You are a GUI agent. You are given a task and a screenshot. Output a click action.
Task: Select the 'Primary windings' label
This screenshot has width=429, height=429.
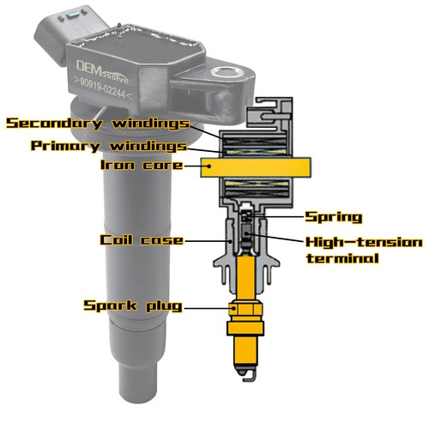(x=110, y=146)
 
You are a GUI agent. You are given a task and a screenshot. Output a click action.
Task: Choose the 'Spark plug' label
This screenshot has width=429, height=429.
(x=132, y=305)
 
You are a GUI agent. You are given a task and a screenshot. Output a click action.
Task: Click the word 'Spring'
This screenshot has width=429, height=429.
(x=334, y=217)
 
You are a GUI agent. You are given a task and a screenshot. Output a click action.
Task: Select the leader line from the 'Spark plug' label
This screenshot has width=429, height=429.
(x=208, y=305)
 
